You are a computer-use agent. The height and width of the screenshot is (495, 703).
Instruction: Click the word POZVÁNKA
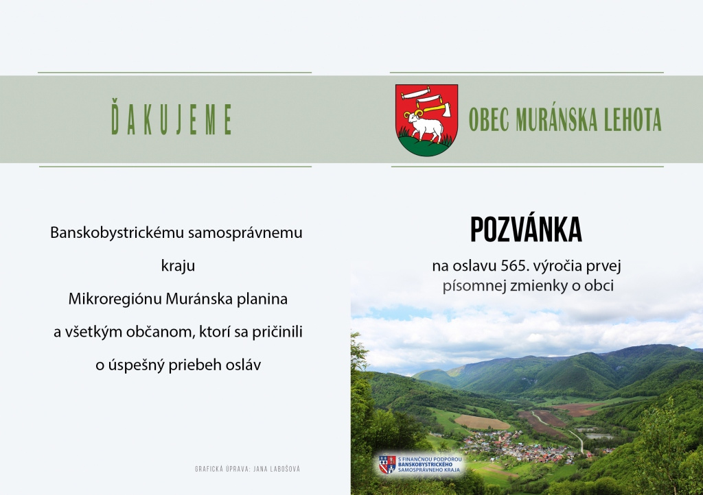pos(526,230)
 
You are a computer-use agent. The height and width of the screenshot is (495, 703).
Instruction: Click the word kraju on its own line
pos(178,266)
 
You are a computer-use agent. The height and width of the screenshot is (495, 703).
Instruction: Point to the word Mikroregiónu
pos(115,299)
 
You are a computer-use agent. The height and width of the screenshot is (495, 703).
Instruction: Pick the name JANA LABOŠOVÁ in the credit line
pos(277,469)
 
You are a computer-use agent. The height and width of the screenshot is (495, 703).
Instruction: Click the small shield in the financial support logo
pos(387,465)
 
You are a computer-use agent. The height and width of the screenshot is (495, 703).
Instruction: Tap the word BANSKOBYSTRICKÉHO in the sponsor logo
pos(426,465)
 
